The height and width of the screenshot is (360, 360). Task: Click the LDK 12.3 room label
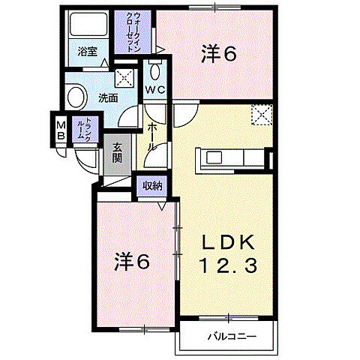point(228,253)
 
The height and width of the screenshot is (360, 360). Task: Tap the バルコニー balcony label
point(232,337)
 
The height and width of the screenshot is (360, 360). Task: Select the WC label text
point(155,90)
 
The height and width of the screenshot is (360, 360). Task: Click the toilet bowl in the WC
point(155,71)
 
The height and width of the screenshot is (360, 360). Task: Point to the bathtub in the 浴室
point(88,24)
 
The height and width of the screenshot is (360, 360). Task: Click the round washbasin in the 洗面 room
point(76,97)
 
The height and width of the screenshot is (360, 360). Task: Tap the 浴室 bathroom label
point(88,52)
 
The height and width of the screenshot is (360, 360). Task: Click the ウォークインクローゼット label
point(133,32)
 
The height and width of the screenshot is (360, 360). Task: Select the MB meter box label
point(61,130)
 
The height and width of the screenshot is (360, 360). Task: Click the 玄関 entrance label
point(117,153)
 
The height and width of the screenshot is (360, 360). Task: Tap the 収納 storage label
point(152,186)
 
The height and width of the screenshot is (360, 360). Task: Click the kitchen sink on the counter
point(214,157)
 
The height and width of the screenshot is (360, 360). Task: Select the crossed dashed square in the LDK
point(262,115)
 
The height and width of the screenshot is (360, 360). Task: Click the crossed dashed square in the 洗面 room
point(124,78)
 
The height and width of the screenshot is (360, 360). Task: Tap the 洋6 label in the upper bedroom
point(219,53)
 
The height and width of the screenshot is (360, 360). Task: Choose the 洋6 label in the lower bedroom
point(132,261)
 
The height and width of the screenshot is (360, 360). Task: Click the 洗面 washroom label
point(108,98)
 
